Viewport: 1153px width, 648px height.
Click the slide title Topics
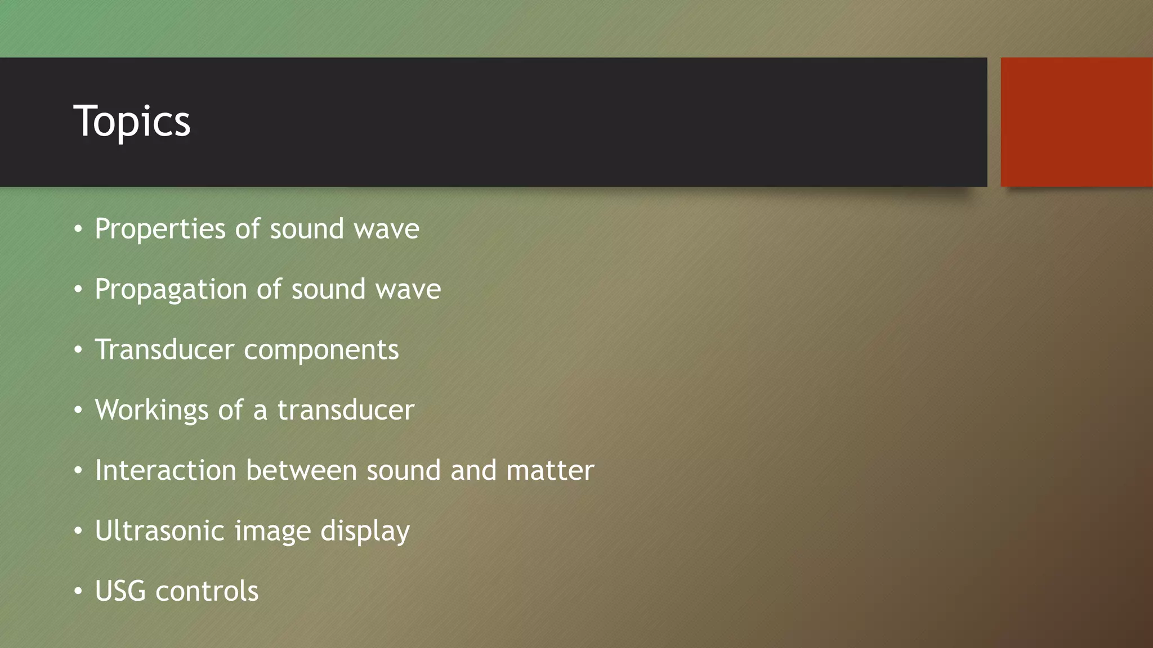[132, 121]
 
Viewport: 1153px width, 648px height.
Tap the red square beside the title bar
[1076, 121]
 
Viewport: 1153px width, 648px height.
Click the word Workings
[151, 411]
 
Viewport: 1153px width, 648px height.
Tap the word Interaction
[166, 470]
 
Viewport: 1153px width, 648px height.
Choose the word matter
[550, 470]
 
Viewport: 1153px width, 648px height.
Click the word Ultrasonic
[159, 530]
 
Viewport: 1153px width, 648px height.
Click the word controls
[207, 591]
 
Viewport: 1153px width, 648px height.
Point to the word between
[301, 470]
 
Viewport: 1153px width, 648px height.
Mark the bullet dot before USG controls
[78, 591]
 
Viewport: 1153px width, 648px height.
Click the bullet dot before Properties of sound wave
[78, 229]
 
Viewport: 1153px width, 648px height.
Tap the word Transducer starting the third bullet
[164, 350]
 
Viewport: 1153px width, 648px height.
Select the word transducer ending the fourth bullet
[346, 410]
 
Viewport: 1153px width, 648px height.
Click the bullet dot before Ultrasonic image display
[78, 531]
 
